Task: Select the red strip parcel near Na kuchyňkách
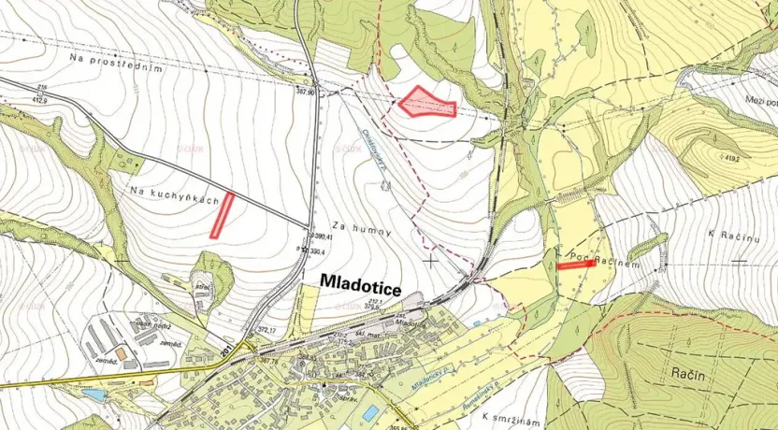(x=222, y=215)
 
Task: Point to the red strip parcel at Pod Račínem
(x=575, y=265)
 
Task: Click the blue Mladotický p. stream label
(x=436, y=374)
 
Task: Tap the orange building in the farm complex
(x=121, y=353)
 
